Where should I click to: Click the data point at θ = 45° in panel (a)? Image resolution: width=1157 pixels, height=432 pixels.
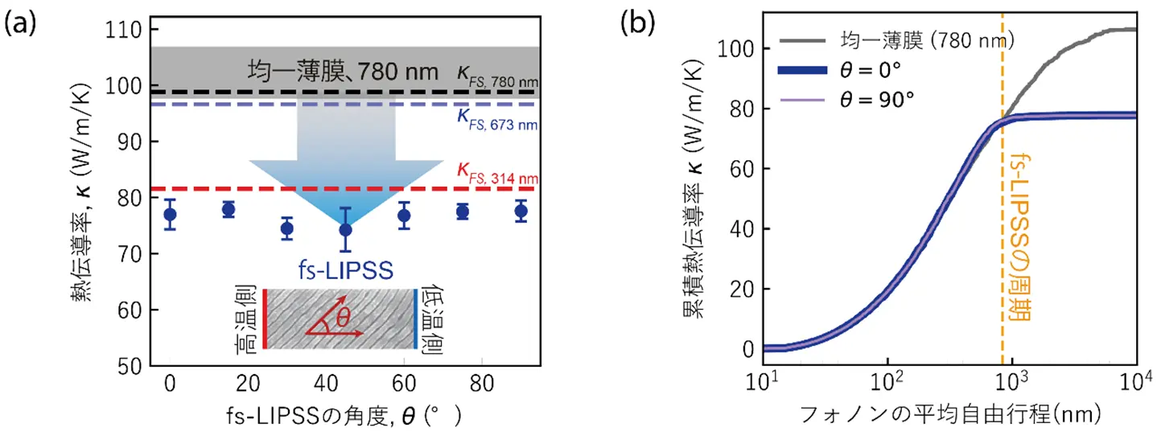pyautogui.click(x=345, y=229)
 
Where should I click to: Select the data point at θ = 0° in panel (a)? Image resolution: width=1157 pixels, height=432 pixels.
pyautogui.click(x=170, y=215)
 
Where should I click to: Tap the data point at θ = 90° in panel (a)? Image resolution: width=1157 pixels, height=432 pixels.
pyautogui.click(x=521, y=212)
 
